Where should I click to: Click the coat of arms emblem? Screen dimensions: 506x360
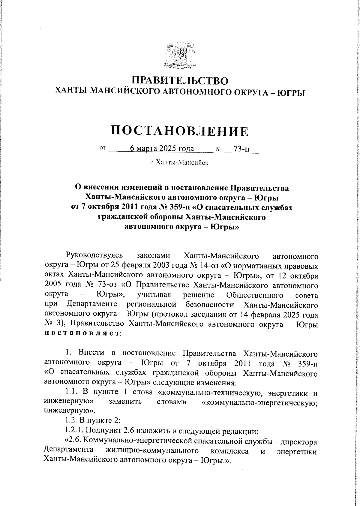pyautogui.click(x=180, y=55)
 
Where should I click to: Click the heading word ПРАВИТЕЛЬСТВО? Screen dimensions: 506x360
pyautogui.click(x=180, y=81)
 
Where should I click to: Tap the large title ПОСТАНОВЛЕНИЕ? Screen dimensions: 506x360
pyautogui.click(x=180, y=131)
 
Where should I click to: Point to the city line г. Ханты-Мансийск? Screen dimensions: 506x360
pyautogui.click(x=179, y=163)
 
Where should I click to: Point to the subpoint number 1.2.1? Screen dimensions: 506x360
pyautogui.click(x=75, y=431)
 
